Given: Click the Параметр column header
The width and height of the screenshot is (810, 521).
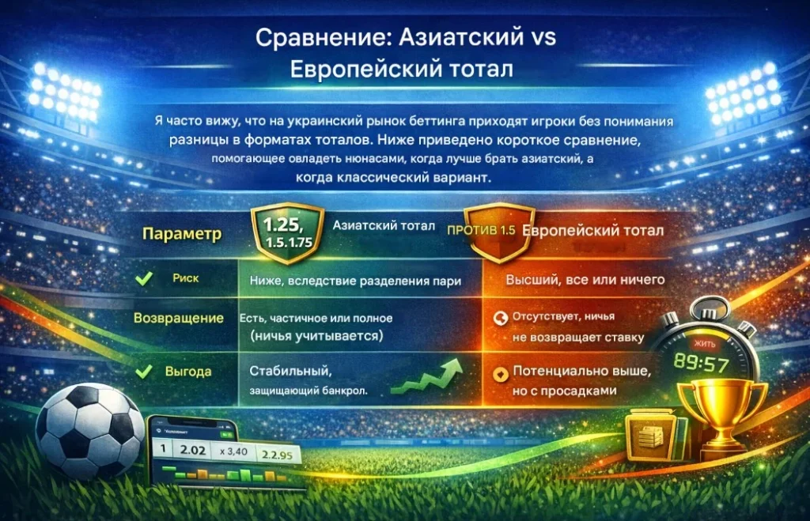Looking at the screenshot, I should (181, 235).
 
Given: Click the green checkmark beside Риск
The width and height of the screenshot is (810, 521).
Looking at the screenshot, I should (144, 279).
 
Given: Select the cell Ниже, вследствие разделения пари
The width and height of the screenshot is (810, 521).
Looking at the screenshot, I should (355, 280).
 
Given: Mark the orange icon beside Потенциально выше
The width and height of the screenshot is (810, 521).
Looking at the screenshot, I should (499, 372).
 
